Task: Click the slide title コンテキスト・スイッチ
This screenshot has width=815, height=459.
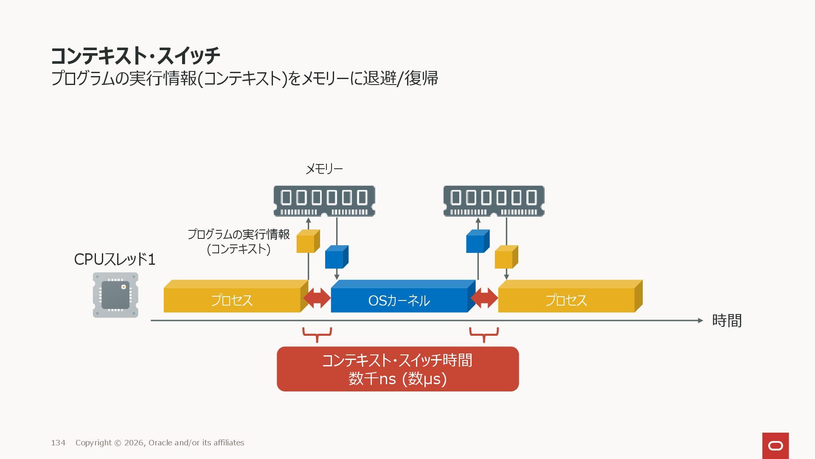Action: point(135,55)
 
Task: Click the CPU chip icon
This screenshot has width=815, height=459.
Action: point(115,295)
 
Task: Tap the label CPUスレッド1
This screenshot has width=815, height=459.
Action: point(115,259)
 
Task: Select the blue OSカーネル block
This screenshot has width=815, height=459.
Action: point(399,300)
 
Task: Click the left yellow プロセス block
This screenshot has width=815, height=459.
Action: point(232,300)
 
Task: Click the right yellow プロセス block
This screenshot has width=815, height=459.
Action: point(566,300)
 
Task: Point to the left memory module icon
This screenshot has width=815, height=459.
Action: point(324,201)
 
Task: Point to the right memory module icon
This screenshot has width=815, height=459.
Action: point(494,201)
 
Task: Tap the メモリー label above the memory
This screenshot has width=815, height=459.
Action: point(324,169)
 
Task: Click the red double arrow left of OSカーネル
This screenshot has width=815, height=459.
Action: point(317,298)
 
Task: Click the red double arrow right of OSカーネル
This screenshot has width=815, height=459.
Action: point(484,298)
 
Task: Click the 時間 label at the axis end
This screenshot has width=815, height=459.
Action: point(727,320)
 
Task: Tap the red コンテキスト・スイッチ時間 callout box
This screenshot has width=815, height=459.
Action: point(398,369)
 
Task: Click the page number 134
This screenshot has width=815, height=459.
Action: point(58,443)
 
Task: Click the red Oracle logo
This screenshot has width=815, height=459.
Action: point(776,445)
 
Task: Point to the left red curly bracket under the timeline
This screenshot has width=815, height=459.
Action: point(317,334)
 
